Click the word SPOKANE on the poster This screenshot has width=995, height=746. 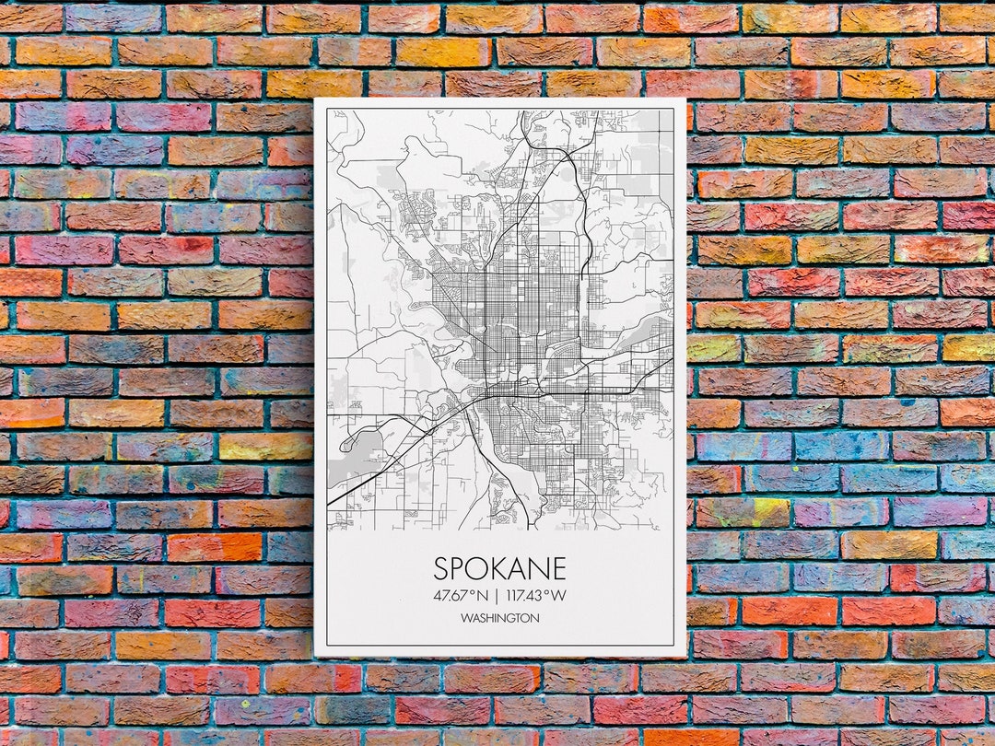click(x=499, y=568)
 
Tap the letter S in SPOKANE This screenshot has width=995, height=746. click(x=441, y=568)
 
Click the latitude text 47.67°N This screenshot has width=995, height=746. click(x=461, y=595)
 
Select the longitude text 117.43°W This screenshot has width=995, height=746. click(x=536, y=595)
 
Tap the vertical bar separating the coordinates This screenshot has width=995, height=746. click(x=497, y=595)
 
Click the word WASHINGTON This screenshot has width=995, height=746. click(x=500, y=619)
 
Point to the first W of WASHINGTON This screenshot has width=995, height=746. click(x=466, y=619)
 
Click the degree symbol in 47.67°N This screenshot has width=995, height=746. click(x=471, y=591)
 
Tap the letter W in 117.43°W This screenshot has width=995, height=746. click(x=559, y=595)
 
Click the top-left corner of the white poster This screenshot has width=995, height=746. click(x=315, y=99)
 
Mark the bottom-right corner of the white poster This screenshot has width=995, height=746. click(x=685, y=656)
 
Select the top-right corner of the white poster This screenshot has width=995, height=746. click(x=686, y=99)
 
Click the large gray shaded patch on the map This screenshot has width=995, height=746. click(x=346, y=456)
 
